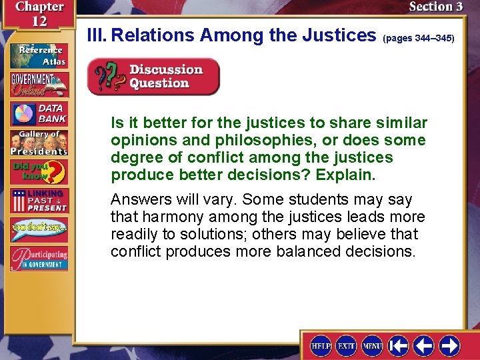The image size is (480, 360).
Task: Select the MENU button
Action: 372,345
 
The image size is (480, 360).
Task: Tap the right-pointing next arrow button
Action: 449,345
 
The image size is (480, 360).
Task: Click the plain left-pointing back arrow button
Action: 424,345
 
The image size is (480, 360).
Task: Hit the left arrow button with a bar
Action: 399,345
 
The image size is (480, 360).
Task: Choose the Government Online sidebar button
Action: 39,85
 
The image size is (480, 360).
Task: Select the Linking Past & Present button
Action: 39,201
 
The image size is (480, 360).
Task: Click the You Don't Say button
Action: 39,229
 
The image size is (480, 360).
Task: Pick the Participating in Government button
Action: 39,259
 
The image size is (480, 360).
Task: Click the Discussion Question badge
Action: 153,77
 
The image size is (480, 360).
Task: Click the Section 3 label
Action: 435,7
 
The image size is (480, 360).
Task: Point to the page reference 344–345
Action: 419,39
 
